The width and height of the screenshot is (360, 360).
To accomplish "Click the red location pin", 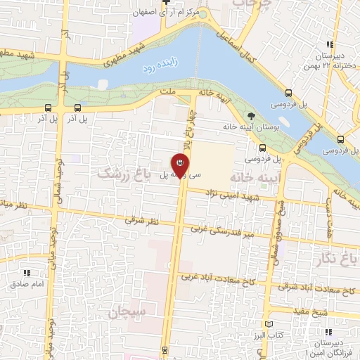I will click(x=181, y=164).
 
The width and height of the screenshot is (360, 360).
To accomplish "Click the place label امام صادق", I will click(x=27, y=284).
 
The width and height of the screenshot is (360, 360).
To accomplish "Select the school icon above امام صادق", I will click(x=27, y=273).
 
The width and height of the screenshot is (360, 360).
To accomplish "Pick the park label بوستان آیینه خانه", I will click(x=252, y=127).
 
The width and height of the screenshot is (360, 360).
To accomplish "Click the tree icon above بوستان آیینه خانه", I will click(x=251, y=116).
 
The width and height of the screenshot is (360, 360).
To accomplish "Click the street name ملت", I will click(x=167, y=92).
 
